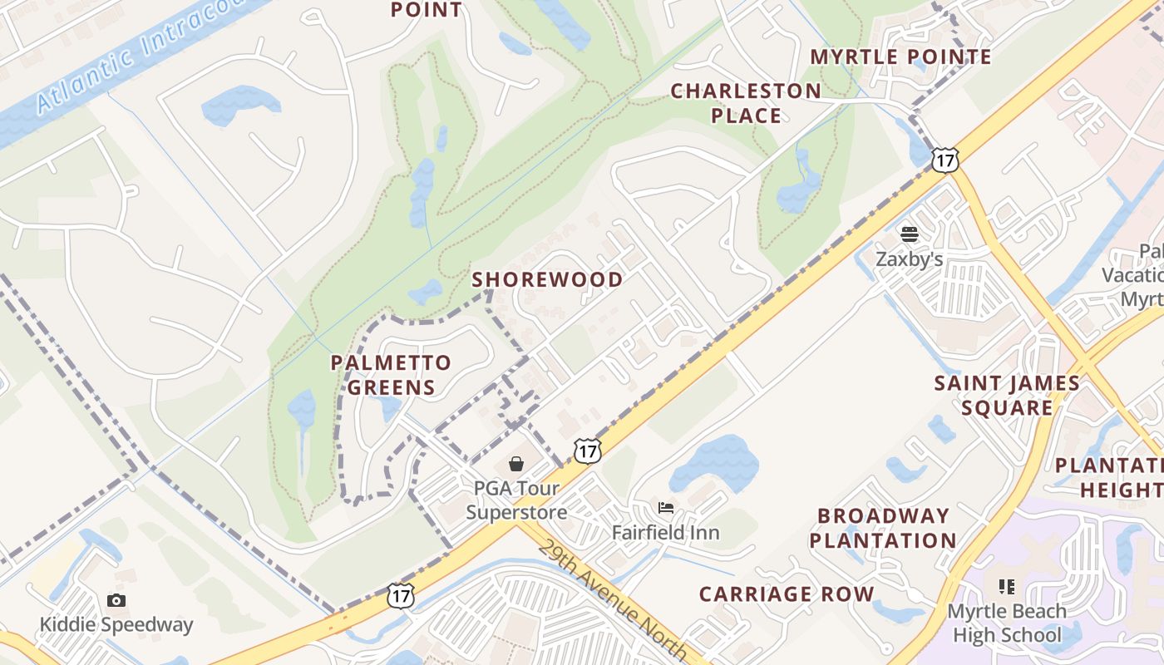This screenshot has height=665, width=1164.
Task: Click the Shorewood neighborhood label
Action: click(547, 280)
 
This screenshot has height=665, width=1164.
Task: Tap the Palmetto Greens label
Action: click(391, 375)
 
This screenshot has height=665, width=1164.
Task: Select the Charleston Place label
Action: click(746, 103)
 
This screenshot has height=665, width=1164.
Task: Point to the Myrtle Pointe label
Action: click(900, 57)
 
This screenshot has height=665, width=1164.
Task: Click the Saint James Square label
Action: click(1006, 396)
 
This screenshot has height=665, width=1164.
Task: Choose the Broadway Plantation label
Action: click(883, 528)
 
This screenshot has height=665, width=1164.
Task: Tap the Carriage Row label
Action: click(786, 594)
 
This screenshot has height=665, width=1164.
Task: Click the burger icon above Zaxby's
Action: click(909, 234)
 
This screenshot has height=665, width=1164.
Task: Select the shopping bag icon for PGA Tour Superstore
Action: click(516, 463)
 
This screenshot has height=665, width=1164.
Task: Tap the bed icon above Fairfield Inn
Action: click(665, 507)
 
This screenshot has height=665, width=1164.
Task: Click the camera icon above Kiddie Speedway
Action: click(116, 600)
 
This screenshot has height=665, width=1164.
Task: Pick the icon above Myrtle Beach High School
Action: click(1007, 587)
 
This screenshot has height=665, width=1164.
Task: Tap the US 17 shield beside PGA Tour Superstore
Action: click(587, 451)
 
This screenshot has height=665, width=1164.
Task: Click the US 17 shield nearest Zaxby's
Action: click(945, 160)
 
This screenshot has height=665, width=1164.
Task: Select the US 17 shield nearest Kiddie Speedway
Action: click(401, 595)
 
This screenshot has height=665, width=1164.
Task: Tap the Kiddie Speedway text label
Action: click(116, 625)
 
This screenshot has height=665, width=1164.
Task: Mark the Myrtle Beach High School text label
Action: click(1007, 623)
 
